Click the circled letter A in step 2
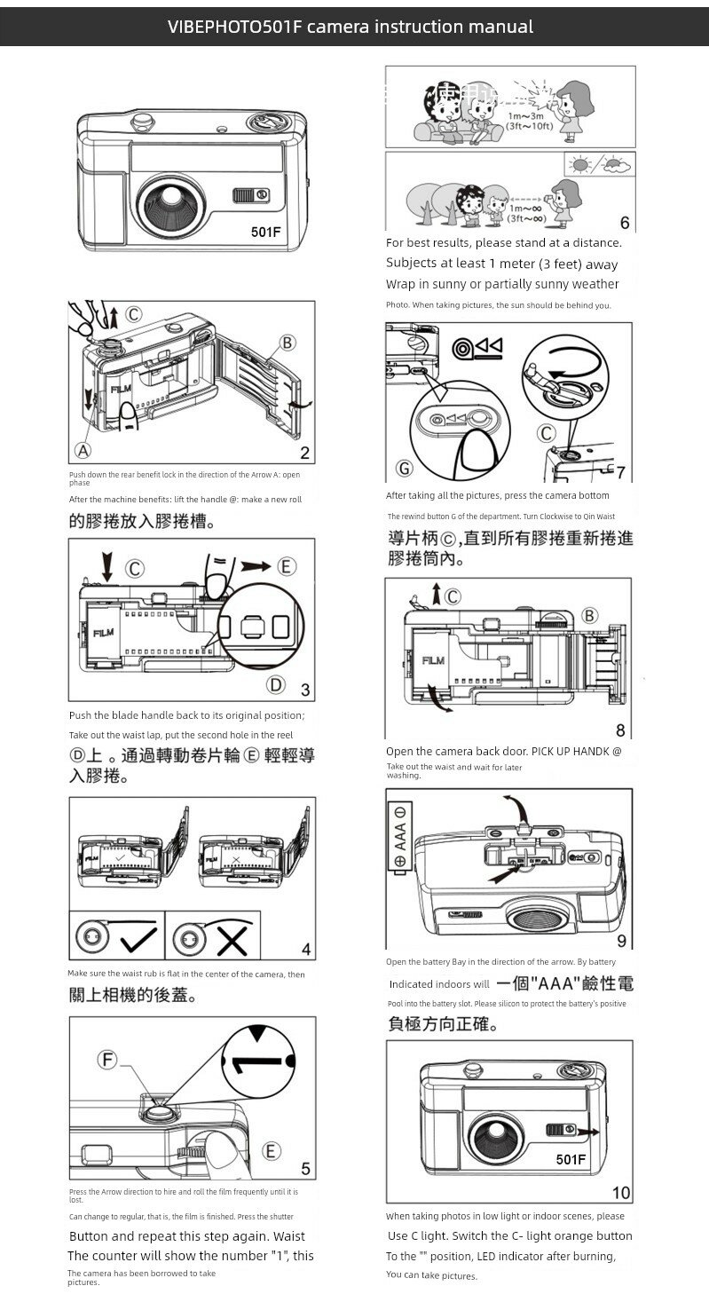83,451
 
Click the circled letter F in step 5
108,1060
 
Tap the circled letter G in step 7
405,468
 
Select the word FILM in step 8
432,660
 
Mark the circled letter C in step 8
453,596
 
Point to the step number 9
621,941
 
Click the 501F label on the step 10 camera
571,1159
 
